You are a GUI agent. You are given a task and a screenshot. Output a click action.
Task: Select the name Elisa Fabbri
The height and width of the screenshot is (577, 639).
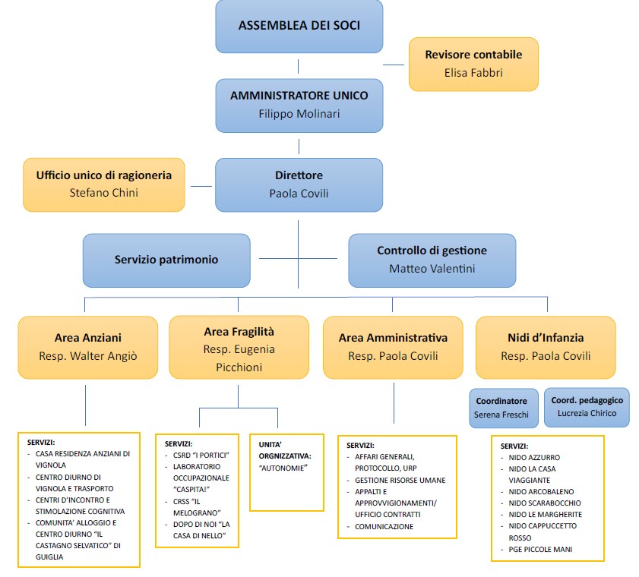[473, 74]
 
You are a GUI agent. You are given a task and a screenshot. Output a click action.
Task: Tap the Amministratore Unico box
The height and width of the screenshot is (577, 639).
[299, 105]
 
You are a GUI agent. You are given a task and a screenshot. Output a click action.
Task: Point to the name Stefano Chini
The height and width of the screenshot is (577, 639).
[103, 193]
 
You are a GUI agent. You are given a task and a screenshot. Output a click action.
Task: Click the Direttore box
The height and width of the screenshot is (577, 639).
[299, 184]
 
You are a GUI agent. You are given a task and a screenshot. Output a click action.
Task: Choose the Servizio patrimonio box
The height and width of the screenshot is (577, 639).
[166, 260]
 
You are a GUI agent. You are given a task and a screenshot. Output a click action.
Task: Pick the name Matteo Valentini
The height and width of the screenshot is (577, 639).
[432, 268]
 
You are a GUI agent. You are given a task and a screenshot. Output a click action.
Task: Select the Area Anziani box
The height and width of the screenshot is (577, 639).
[88, 346]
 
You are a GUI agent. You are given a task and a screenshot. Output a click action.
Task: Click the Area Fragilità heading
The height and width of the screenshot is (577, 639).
[239, 332]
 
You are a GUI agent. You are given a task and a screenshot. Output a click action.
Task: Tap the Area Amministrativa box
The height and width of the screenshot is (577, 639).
[393, 346]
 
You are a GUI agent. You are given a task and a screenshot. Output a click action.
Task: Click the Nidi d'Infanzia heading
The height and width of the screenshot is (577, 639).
[546, 337]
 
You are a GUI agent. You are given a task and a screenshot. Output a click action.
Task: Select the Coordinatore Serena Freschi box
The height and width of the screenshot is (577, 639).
[501, 408]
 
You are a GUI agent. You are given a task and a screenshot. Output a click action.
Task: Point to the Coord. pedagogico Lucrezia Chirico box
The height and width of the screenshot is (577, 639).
[587, 407]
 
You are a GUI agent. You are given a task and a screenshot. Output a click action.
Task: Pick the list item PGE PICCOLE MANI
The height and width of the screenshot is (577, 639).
[540, 549]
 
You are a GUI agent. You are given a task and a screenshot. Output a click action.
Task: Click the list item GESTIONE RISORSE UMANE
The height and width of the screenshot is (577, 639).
[400, 481]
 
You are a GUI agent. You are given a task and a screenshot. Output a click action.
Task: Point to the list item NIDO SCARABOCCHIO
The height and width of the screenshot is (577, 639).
[545, 503]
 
